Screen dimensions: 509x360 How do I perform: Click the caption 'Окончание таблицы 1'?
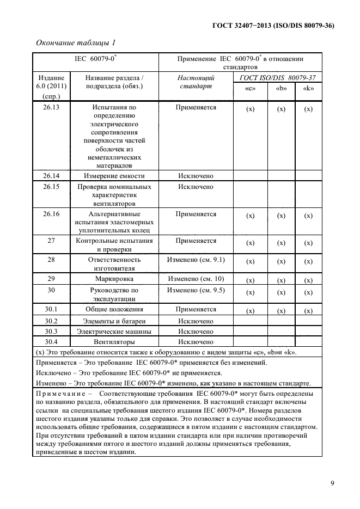pyautogui.click(x=76, y=42)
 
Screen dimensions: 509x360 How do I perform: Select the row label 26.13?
pyautogui.click(x=51, y=107)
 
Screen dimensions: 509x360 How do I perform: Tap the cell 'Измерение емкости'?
pyautogui.click(x=114, y=176)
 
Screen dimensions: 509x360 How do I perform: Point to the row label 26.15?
pyautogui.click(x=51, y=187)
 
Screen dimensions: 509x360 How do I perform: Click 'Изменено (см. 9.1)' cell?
pyautogui.click(x=196, y=260)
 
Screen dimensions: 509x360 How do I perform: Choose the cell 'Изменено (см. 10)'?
pyautogui.click(x=196, y=278)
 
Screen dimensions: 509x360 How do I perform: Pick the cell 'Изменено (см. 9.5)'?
pyautogui.click(x=196, y=290)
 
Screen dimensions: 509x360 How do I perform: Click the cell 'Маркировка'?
pyautogui.click(x=114, y=278)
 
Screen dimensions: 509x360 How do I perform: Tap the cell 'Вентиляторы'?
pyautogui.click(x=114, y=342)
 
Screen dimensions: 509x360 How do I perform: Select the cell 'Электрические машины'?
pyautogui.click(x=114, y=331)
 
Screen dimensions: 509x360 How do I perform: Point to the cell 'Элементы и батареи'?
pyautogui.click(x=114, y=321)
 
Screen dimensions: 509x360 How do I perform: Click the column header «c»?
pyautogui.click(x=250, y=89)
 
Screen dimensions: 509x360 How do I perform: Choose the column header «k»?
pyautogui.click(x=308, y=89)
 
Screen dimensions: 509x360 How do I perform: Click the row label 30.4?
pyautogui.click(x=51, y=342)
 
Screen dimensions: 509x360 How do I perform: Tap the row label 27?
pyautogui.click(x=51, y=241)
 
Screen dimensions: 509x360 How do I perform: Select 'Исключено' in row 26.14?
pyautogui.click(x=196, y=176)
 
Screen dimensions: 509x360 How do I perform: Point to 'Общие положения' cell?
pyautogui.click(x=114, y=309)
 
